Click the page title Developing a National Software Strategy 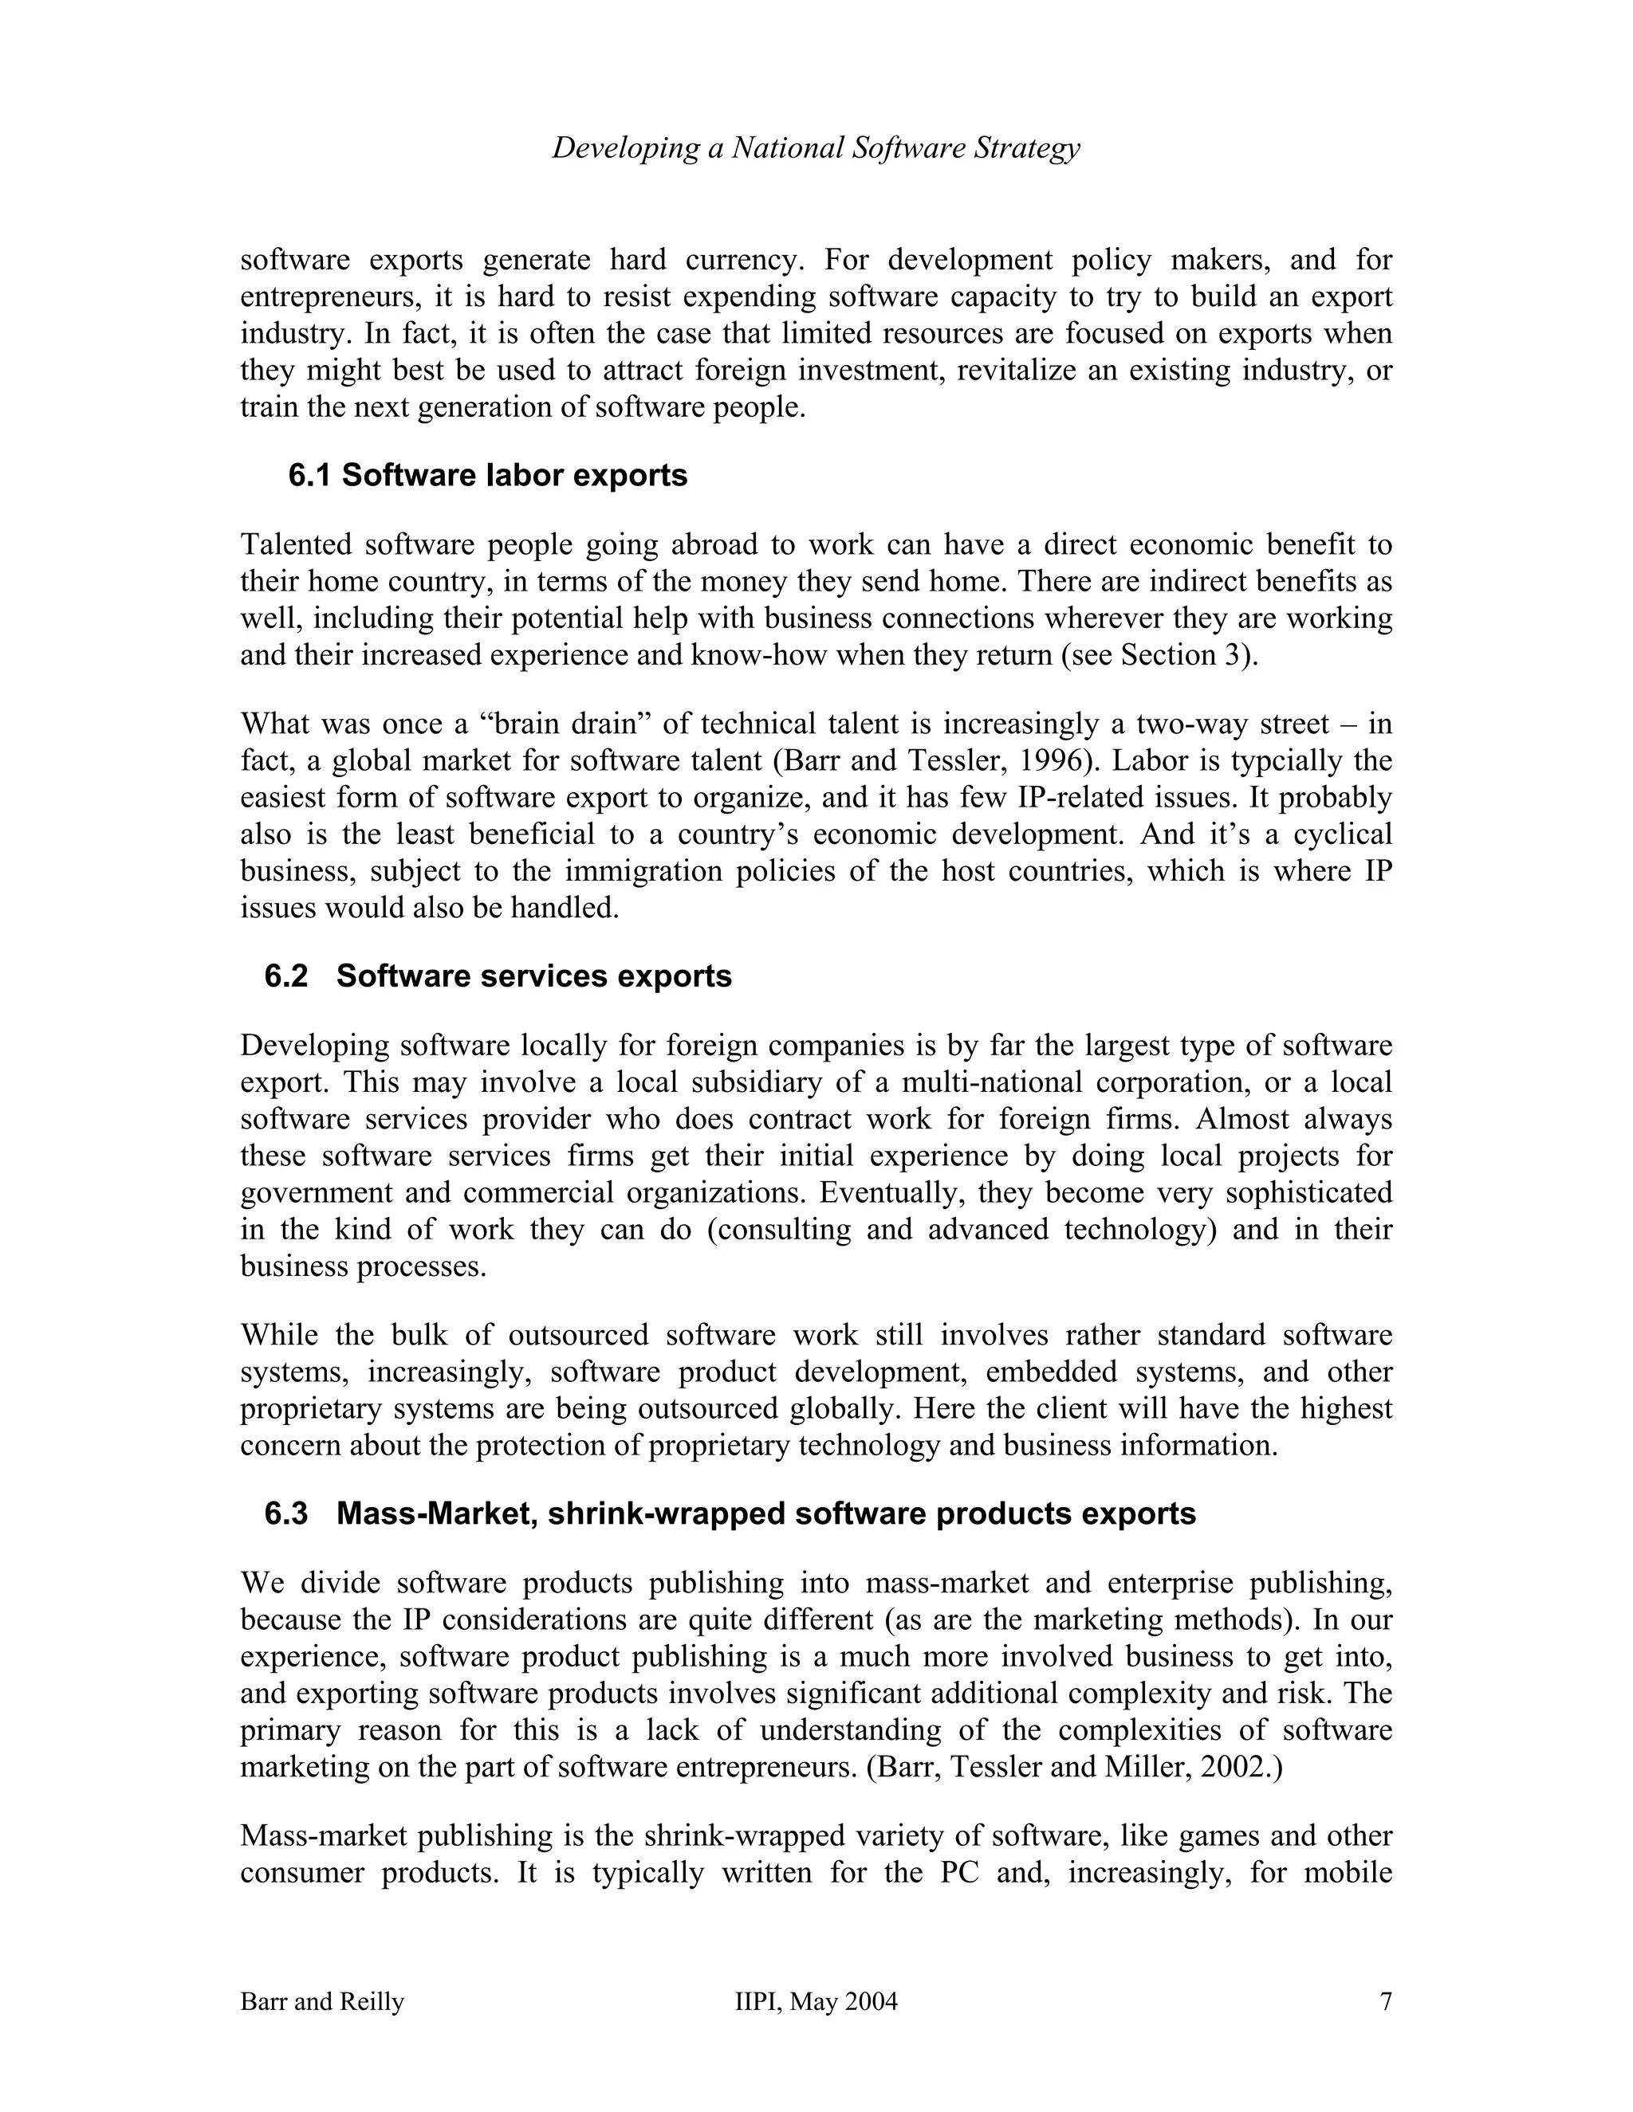coord(816,148)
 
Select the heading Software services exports coord(534,977)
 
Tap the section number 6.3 coord(285,1513)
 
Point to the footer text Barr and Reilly coord(322,2002)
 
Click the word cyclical coord(1343,834)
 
